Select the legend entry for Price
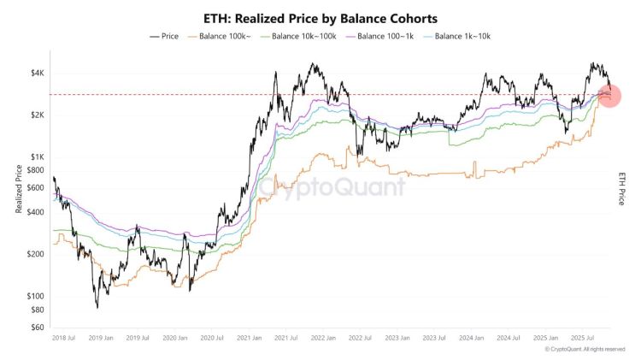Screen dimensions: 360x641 (165, 36)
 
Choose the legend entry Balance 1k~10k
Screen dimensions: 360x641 (459, 36)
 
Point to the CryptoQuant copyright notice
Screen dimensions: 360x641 (585, 349)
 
